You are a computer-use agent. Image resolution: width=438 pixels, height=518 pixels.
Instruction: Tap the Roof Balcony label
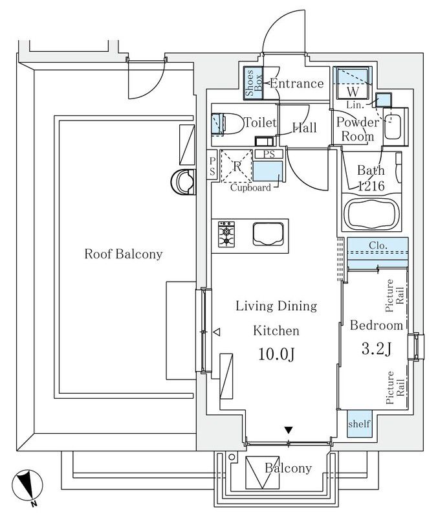point(123,254)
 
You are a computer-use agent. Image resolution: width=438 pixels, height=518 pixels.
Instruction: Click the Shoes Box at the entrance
point(252,84)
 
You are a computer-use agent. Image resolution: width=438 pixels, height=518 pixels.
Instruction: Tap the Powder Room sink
point(393,128)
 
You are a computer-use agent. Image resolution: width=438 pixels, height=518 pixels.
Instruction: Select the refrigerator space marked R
point(236,165)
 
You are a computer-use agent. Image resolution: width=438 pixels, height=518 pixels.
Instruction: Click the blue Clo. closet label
point(378,246)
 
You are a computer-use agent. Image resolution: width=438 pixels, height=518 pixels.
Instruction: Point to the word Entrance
point(296,84)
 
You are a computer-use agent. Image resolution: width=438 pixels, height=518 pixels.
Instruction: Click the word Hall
point(304,128)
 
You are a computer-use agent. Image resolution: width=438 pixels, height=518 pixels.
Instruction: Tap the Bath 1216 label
point(372,178)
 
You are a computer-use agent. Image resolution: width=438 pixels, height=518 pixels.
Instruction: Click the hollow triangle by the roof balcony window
point(217,332)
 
